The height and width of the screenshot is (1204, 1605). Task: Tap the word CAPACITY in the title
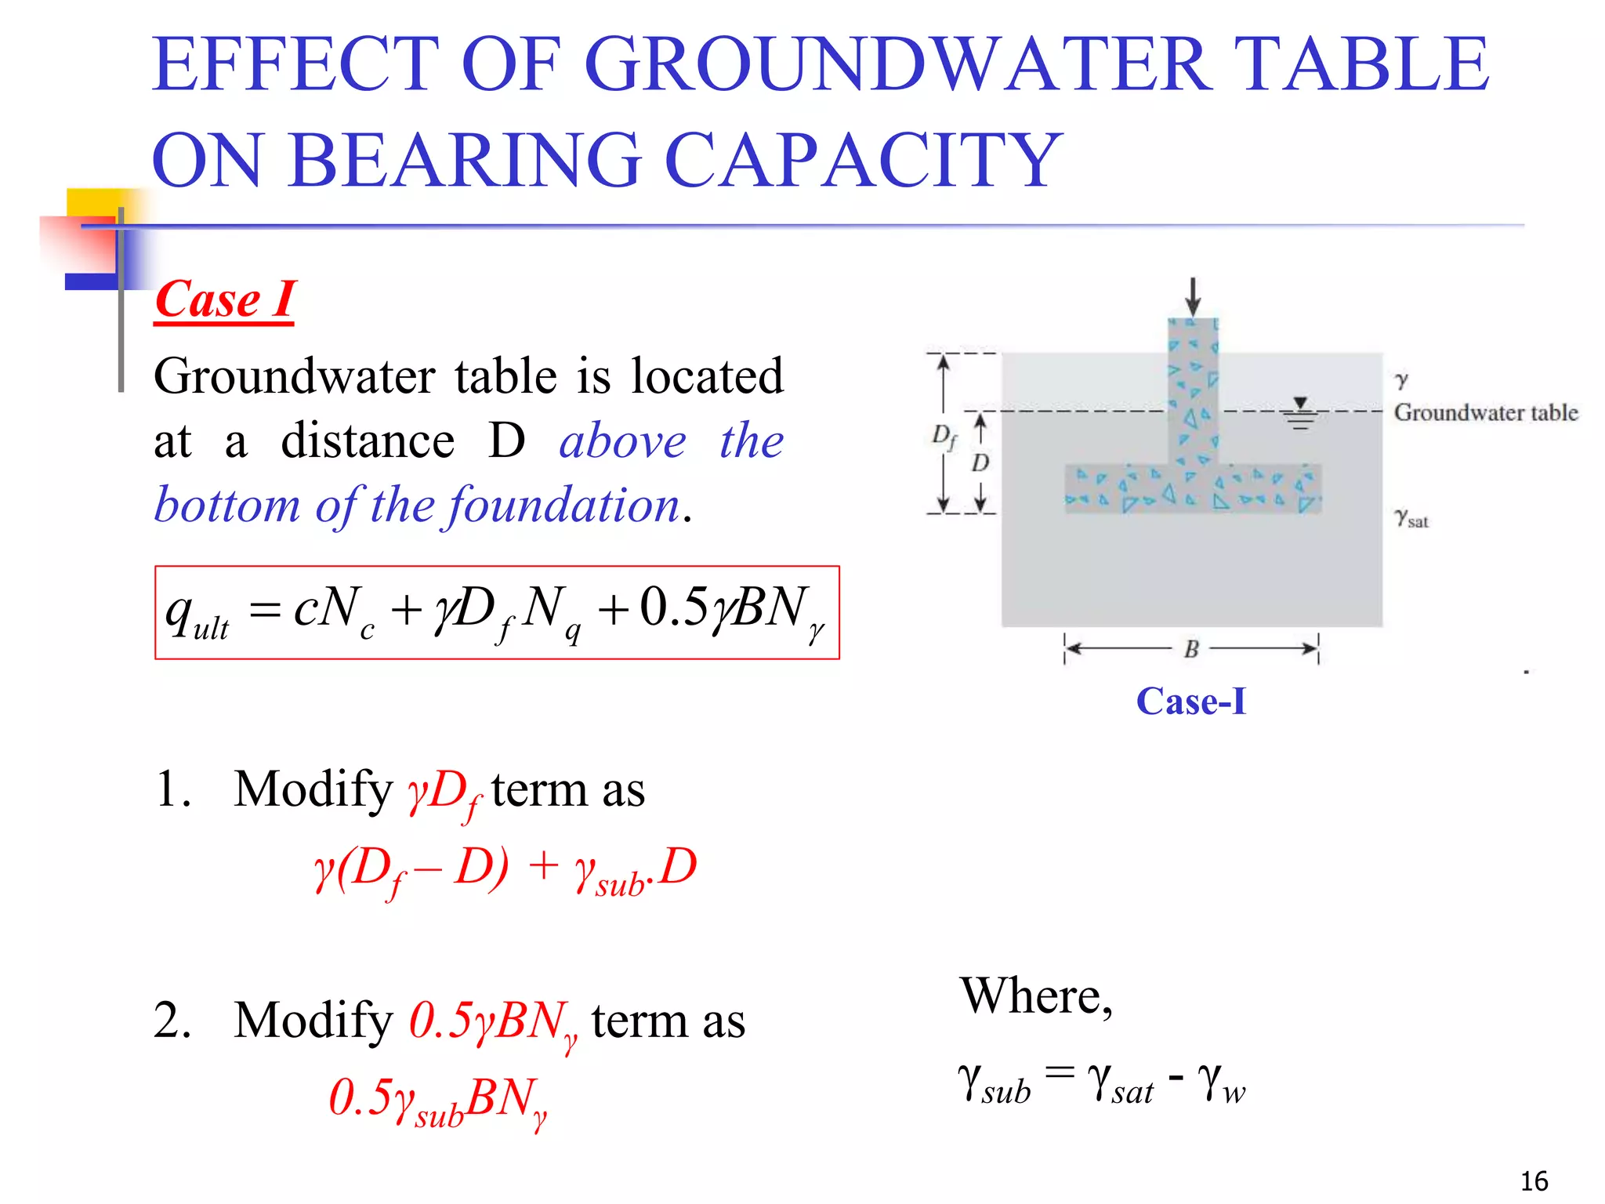point(862,160)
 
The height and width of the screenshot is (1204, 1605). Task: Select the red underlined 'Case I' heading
point(225,299)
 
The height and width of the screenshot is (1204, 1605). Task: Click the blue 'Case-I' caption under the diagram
point(1190,701)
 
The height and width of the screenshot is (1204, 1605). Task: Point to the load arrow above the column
point(1192,296)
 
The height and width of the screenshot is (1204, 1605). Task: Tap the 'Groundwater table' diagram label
point(1485,412)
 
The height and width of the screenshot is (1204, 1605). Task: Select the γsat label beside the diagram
point(1411,518)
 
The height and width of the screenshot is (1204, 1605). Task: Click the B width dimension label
point(1191,649)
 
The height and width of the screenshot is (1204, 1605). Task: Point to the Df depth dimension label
point(944,436)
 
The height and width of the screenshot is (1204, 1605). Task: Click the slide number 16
point(1534,1180)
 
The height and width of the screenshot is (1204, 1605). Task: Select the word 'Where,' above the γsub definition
point(1036,996)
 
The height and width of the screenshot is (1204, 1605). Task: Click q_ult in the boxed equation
point(196,614)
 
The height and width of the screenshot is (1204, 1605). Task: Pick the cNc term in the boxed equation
point(334,610)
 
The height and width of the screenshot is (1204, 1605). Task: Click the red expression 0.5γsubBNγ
point(437,1100)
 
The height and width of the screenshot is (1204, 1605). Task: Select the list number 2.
point(172,1021)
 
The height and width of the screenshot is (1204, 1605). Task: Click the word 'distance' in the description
point(368,441)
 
